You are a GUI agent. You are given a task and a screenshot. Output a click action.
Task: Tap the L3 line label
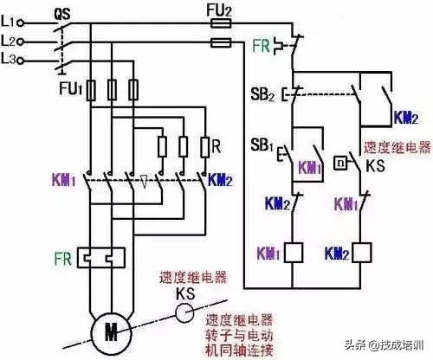click(x=10, y=59)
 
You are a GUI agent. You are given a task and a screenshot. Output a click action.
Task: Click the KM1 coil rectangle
click(x=294, y=253)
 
